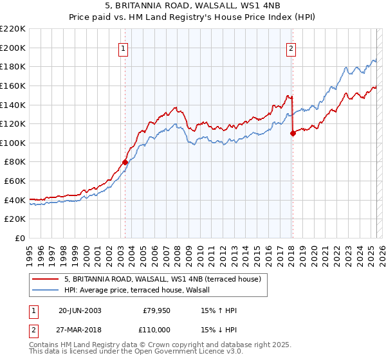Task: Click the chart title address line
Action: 192,6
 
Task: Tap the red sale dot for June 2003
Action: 125,162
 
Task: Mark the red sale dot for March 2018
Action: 293,133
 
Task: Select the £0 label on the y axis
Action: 20,238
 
